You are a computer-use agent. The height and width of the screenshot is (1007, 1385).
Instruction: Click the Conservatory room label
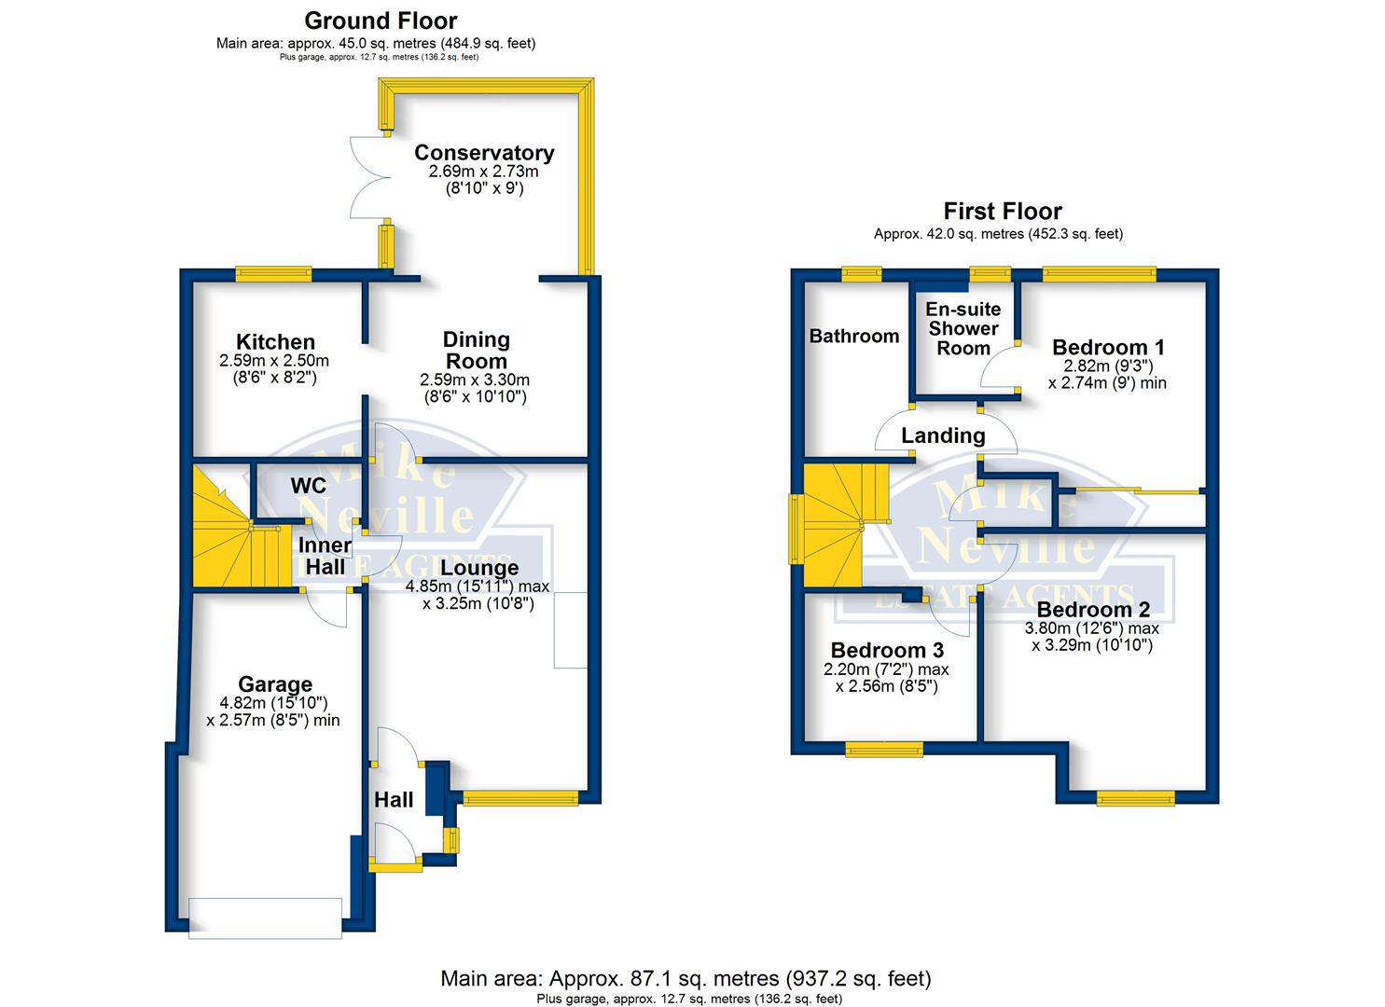click(484, 153)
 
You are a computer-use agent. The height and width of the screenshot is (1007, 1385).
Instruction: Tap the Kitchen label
click(276, 342)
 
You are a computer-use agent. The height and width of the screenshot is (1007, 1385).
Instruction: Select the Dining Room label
click(476, 350)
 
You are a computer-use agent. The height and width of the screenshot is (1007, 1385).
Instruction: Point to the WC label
click(309, 486)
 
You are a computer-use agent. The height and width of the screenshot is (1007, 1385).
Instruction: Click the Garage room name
click(275, 684)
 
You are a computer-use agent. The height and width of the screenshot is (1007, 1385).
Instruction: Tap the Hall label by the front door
click(394, 800)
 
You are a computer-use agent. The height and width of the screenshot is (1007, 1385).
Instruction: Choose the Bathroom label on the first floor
click(854, 337)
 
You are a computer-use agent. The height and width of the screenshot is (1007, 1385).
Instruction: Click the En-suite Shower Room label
click(963, 329)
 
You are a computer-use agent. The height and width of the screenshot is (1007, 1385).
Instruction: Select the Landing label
click(944, 435)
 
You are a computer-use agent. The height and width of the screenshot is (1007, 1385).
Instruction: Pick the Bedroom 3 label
click(887, 650)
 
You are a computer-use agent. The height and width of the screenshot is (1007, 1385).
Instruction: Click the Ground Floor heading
click(381, 21)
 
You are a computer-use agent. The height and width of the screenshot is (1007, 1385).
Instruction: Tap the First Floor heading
click(1003, 212)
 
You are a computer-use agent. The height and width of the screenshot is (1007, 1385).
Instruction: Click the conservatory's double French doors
click(370, 177)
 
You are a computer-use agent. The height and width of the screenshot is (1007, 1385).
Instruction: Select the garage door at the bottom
click(265, 918)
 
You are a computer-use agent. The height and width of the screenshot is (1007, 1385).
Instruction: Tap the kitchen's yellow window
click(273, 274)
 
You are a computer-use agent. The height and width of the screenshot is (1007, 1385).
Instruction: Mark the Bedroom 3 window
click(884, 750)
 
